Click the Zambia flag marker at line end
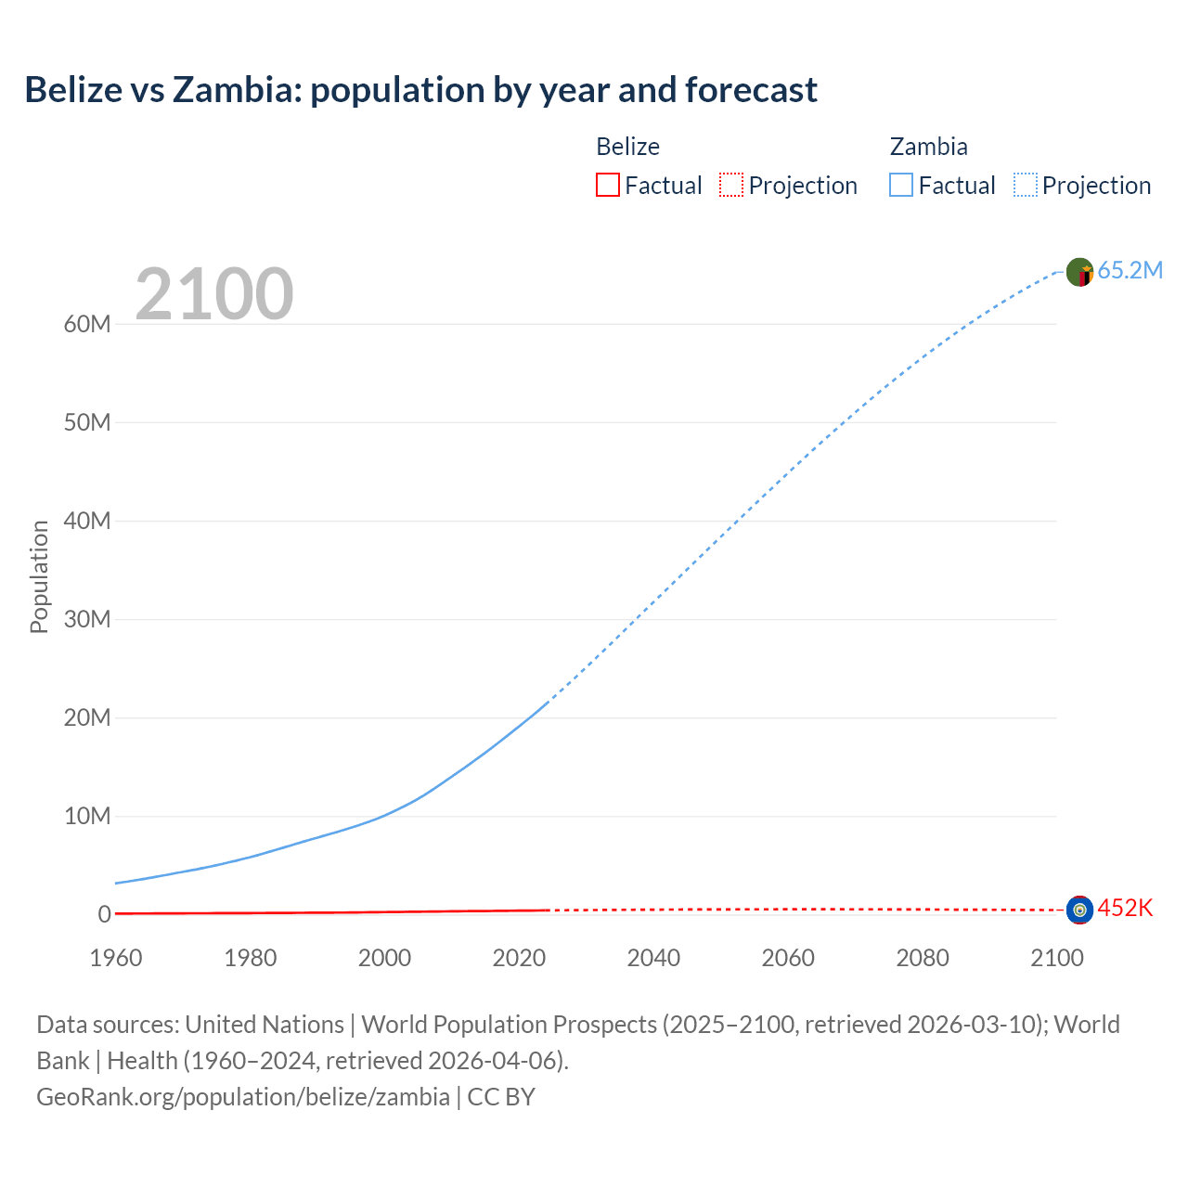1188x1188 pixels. [x=1079, y=272]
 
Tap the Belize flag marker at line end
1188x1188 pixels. [x=1079, y=910]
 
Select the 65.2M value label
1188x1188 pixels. [x=1130, y=270]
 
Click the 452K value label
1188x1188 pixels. [x=1125, y=908]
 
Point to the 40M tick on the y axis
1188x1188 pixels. [x=87, y=521]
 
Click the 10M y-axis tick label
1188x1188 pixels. [x=87, y=816]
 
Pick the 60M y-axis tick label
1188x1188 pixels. [x=87, y=324]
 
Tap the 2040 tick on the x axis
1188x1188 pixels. [x=653, y=958]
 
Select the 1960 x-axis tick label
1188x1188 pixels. [x=116, y=958]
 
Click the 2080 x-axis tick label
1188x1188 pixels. [x=923, y=958]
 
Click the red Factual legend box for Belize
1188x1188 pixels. [x=607, y=185]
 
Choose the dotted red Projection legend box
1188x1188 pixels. [x=731, y=185]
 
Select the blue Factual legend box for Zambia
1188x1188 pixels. [x=901, y=185]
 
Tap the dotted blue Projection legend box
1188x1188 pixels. [x=1026, y=185]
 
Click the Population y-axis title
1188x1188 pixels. [x=39, y=576]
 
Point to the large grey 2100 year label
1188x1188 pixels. [x=214, y=294]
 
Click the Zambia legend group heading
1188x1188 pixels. [x=928, y=147]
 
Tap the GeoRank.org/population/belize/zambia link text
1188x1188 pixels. [x=243, y=1096]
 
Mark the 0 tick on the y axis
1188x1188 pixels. [x=104, y=914]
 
